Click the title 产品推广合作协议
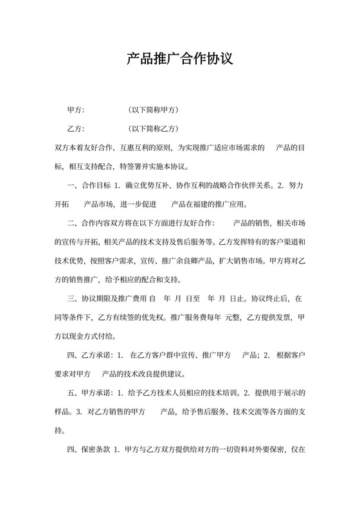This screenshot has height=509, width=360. (179, 59)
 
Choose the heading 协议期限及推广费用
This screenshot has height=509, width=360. (113, 299)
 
